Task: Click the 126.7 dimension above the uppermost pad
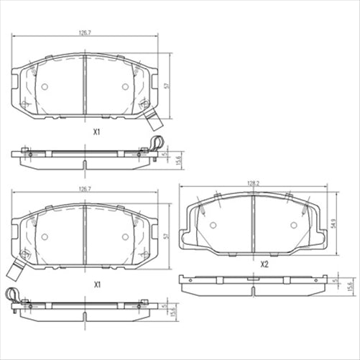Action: [x=85, y=32]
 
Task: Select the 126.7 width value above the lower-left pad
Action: [x=85, y=190]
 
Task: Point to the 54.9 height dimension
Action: [x=334, y=226]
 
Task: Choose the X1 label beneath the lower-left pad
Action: [x=96, y=285]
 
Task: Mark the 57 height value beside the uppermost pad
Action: [x=167, y=85]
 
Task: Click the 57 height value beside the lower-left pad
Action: [x=167, y=236]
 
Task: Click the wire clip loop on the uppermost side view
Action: [x=157, y=142]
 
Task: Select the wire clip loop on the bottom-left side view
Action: [x=12, y=293]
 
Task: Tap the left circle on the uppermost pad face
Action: [x=44, y=86]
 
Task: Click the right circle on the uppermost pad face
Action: [x=126, y=86]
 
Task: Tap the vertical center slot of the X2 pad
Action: [x=252, y=224]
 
